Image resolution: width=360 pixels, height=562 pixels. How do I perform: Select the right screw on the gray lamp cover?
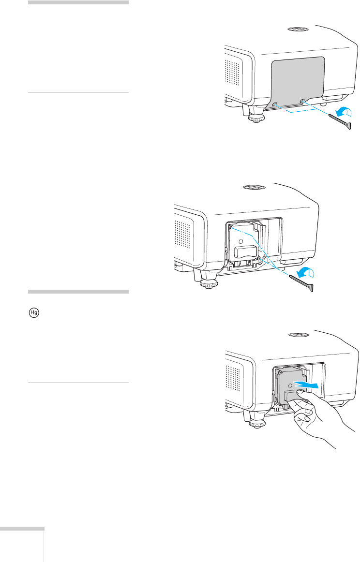tap(303, 101)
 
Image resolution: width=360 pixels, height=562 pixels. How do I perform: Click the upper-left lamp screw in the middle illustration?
tap(231, 226)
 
